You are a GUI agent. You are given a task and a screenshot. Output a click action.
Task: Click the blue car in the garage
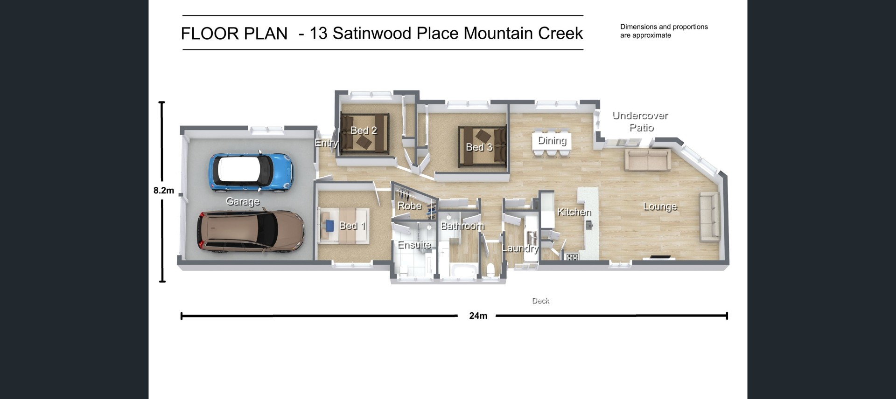[x=251, y=173]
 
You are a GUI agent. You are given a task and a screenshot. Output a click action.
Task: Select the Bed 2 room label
[x=364, y=131]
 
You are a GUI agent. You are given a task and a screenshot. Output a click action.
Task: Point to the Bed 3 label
[x=479, y=147]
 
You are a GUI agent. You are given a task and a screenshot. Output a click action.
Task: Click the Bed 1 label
[x=352, y=226]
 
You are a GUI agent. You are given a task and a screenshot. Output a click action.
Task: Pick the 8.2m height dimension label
[x=163, y=190]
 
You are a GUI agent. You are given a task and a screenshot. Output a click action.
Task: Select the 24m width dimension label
[x=478, y=316]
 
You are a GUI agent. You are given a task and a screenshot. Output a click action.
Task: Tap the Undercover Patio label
[x=640, y=121]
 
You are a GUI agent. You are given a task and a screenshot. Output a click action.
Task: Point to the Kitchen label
[x=574, y=212]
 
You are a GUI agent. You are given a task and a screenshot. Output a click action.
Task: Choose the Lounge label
[x=660, y=206]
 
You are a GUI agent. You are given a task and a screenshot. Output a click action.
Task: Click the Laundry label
[x=520, y=248]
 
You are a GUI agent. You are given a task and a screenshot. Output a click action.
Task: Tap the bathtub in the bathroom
[x=463, y=270]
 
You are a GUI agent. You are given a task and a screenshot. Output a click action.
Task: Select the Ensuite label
[x=414, y=245]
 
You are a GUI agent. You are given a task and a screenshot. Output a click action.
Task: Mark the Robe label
[x=409, y=206]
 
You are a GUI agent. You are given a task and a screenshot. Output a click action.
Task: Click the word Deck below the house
[x=540, y=301]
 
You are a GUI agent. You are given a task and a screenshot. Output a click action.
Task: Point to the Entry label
[x=326, y=143]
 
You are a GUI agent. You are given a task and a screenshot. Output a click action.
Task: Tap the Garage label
[x=242, y=201]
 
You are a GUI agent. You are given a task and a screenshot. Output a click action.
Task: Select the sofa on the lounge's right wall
[x=709, y=218]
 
